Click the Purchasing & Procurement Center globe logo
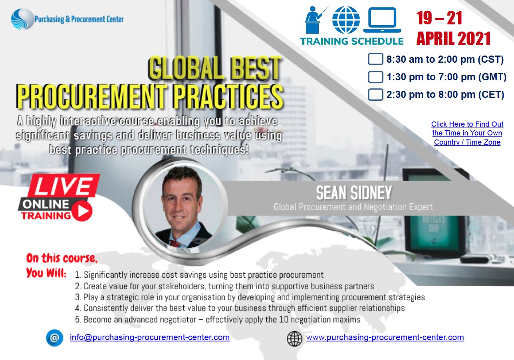tap(22, 19)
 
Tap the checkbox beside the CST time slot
tap(375, 59)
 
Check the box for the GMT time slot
tap(375, 77)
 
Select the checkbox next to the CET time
tap(375, 95)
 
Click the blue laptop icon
tap(382, 20)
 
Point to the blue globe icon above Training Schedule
tap(346, 20)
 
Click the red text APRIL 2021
tap(453, 38)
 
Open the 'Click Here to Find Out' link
tap(467, 124)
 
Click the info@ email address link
tap(150, 337)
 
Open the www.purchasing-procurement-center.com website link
tap(385, 337)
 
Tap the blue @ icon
tap(54, 338)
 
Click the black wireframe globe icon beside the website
tap(294, 339)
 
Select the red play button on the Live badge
tap(82, 211)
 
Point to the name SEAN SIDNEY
tap(354, 193)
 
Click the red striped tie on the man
tap(175, 243)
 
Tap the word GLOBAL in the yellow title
tap(186, 68)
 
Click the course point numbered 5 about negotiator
tap(218, 320)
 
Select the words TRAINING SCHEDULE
tap(352, 41)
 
